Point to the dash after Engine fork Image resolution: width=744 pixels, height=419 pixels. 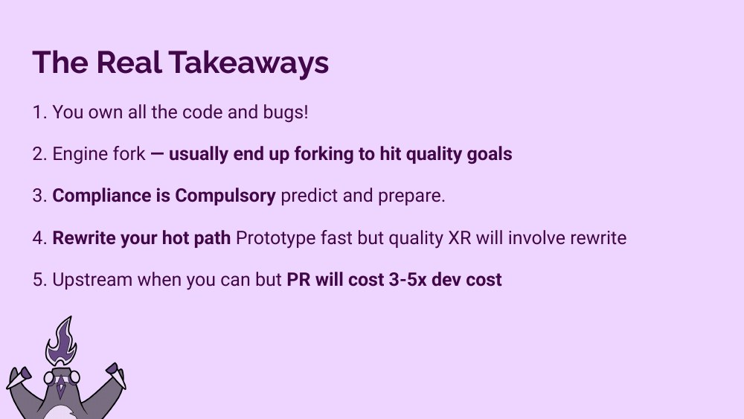157,154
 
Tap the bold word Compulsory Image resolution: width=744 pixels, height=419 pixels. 225,196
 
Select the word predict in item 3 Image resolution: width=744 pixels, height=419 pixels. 308,196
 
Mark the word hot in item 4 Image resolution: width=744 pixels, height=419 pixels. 177,238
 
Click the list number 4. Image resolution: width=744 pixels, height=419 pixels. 38,238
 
